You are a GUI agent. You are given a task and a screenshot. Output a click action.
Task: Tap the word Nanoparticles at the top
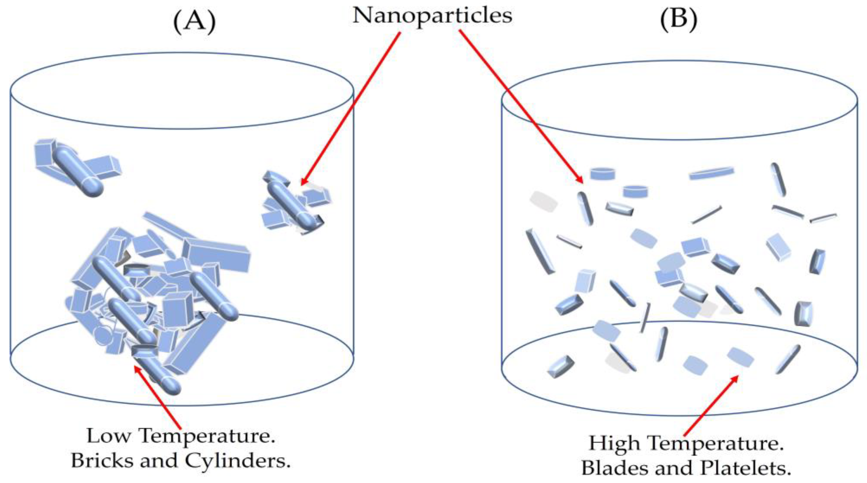pyautogui.click(x=432, y=16)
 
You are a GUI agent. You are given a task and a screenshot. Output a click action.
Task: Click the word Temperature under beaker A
pyautogui.click(x=207, y=437)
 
